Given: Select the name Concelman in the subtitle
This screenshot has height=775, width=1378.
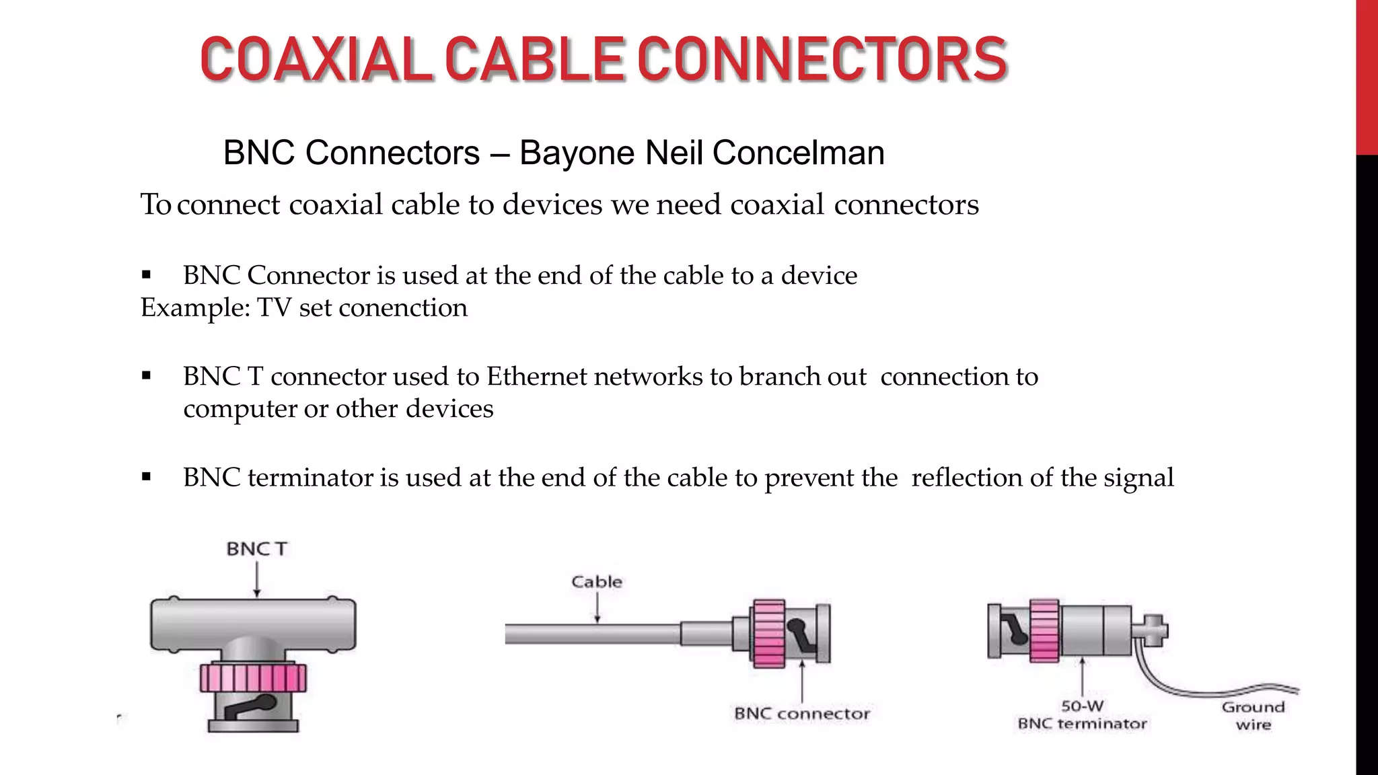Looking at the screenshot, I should [x=798, y=153].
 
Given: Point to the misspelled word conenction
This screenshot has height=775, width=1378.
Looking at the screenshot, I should [x=402, y=308].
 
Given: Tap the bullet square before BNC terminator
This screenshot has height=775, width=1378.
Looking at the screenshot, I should [x=147, y=477].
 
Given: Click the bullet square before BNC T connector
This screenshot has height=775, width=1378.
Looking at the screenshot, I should [x=147, y=376].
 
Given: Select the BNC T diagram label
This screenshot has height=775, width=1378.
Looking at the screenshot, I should [x=256, y=549].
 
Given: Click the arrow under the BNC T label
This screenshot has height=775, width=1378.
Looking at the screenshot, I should [x=256, y=579].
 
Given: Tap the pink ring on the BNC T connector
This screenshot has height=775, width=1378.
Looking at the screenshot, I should [x=253, y=678].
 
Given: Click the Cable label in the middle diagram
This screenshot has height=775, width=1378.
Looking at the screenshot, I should [x=596, y=582].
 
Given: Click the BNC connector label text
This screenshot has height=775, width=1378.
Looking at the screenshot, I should [x=801, y=714].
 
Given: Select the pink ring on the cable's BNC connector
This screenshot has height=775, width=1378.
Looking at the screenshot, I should [x=768, y=633].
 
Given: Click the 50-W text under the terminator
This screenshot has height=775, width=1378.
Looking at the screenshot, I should [x=1082, y=706].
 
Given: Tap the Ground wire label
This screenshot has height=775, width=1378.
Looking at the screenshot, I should [x=1253, y=716].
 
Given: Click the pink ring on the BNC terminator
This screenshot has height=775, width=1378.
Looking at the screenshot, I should [x=1044, y=631].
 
